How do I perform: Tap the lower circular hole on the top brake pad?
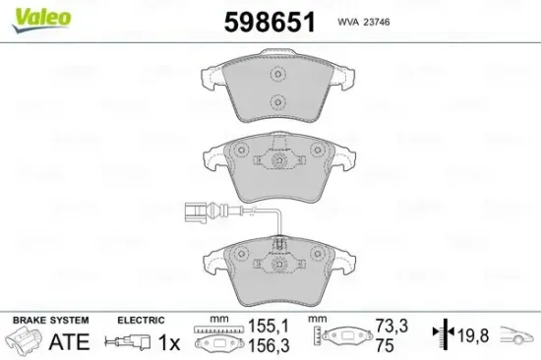tap(278, 100)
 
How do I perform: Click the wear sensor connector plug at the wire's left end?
tap(194, 209)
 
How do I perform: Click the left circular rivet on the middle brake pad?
tap(237, 151)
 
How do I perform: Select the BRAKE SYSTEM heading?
tap(49, 321)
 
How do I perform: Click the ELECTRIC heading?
tap(140, 321)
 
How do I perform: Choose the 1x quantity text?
tap(170, 342)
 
